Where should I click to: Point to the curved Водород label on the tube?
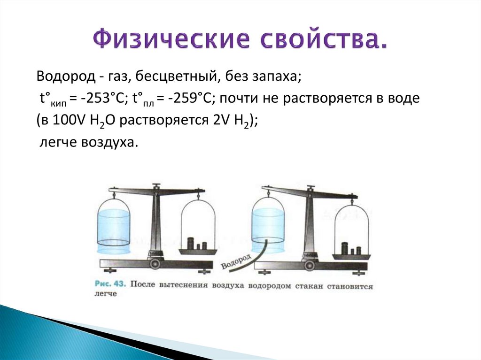click(236, 261)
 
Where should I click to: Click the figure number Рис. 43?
click(110, 283)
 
